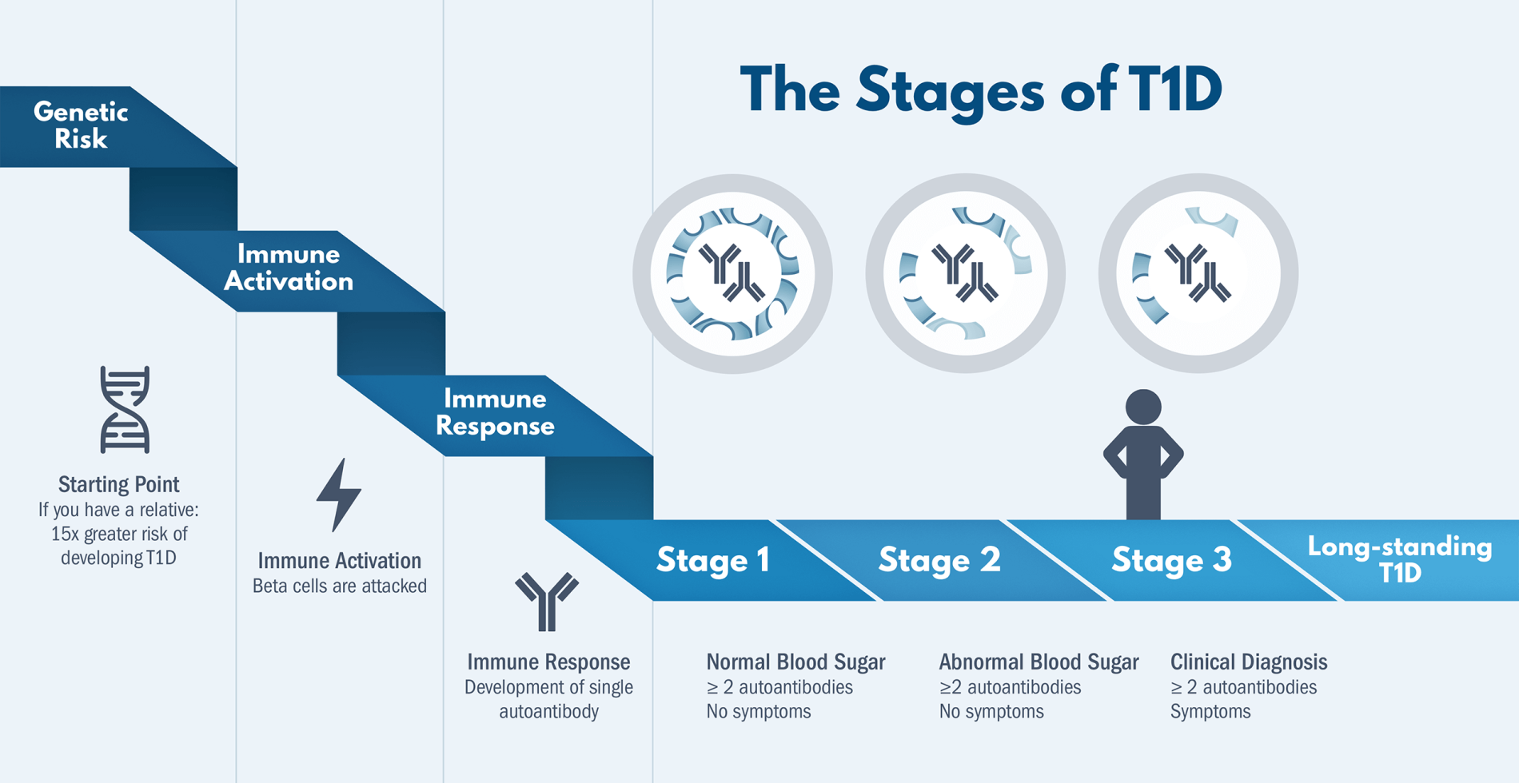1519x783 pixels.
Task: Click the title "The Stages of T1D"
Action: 980,91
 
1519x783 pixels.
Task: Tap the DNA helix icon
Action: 125,410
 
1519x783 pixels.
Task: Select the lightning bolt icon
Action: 339,495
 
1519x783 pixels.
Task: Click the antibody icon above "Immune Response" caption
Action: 547,601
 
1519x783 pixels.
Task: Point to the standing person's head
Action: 1143,407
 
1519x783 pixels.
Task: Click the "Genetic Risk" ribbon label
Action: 81,125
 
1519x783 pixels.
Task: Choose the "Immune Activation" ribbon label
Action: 289,268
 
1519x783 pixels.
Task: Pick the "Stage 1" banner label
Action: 713,560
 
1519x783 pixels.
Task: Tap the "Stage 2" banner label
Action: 939,560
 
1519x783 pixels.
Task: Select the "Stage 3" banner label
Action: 1171,560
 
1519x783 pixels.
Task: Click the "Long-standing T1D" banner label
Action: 1399,559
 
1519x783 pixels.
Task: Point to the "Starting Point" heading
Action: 118,484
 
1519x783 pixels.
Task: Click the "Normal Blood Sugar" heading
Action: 795,662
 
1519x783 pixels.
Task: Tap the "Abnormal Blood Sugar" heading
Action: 1039,662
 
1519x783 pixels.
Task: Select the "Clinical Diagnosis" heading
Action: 1249,662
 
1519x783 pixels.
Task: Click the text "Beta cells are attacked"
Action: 339,586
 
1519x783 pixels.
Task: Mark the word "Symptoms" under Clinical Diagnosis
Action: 1210,712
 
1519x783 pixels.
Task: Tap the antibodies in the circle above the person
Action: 1198,273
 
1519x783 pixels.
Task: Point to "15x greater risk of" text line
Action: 119,534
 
